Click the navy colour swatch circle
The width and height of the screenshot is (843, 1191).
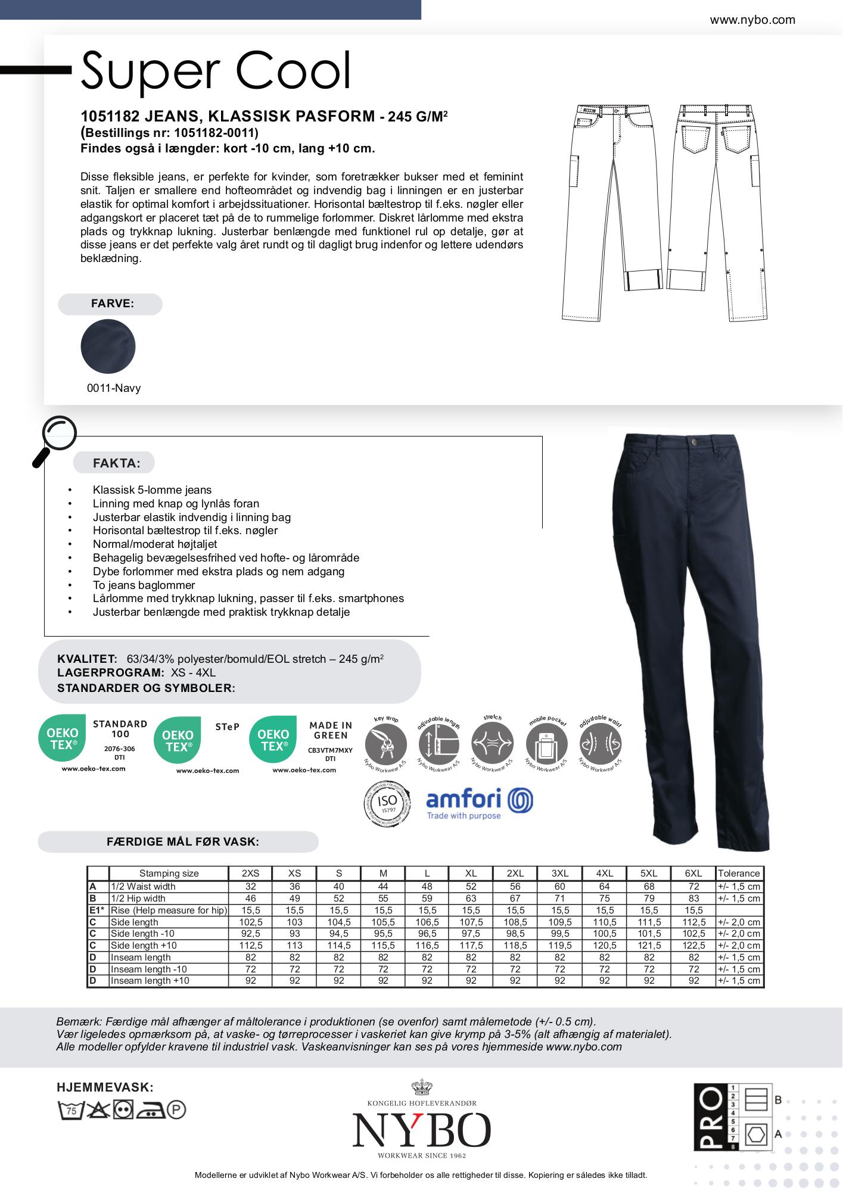(x=108, y=347)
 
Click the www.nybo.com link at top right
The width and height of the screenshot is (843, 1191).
(x=752, y=20)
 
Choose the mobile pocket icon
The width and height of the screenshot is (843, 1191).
(x=546, y=744)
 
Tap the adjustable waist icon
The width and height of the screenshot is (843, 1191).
(x=600, y=744)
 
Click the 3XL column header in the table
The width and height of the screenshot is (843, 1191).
(x=559, y=873)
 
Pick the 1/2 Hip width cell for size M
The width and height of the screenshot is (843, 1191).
(x=383, y=898)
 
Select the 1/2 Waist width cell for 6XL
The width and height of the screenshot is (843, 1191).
(x=693, y=886)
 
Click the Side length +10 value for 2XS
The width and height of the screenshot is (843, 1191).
(x=250, y=946)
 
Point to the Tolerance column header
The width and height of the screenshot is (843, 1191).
(x=739, y=873)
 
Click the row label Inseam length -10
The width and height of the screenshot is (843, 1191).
(x=149, y=969)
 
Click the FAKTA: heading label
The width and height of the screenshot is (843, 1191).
(x=116, y=463)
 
